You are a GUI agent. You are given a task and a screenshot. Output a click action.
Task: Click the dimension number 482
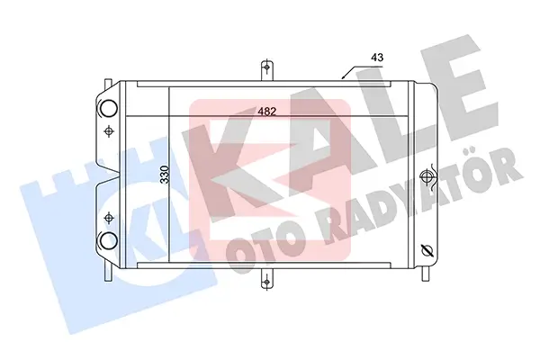267,112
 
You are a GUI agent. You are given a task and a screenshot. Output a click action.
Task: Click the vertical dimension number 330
166,175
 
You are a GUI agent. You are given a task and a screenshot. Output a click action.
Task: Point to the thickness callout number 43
377,58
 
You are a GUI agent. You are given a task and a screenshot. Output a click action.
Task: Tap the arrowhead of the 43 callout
343,76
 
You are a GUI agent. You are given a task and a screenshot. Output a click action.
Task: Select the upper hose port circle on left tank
109,107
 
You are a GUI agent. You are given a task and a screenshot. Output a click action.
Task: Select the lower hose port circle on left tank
109,241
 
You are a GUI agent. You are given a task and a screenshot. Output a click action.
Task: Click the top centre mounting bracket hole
266,67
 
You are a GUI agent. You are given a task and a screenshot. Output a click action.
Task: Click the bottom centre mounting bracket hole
266,283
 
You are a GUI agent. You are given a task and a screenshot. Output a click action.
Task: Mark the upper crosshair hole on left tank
109,130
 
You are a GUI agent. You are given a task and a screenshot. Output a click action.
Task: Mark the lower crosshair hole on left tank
109,218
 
